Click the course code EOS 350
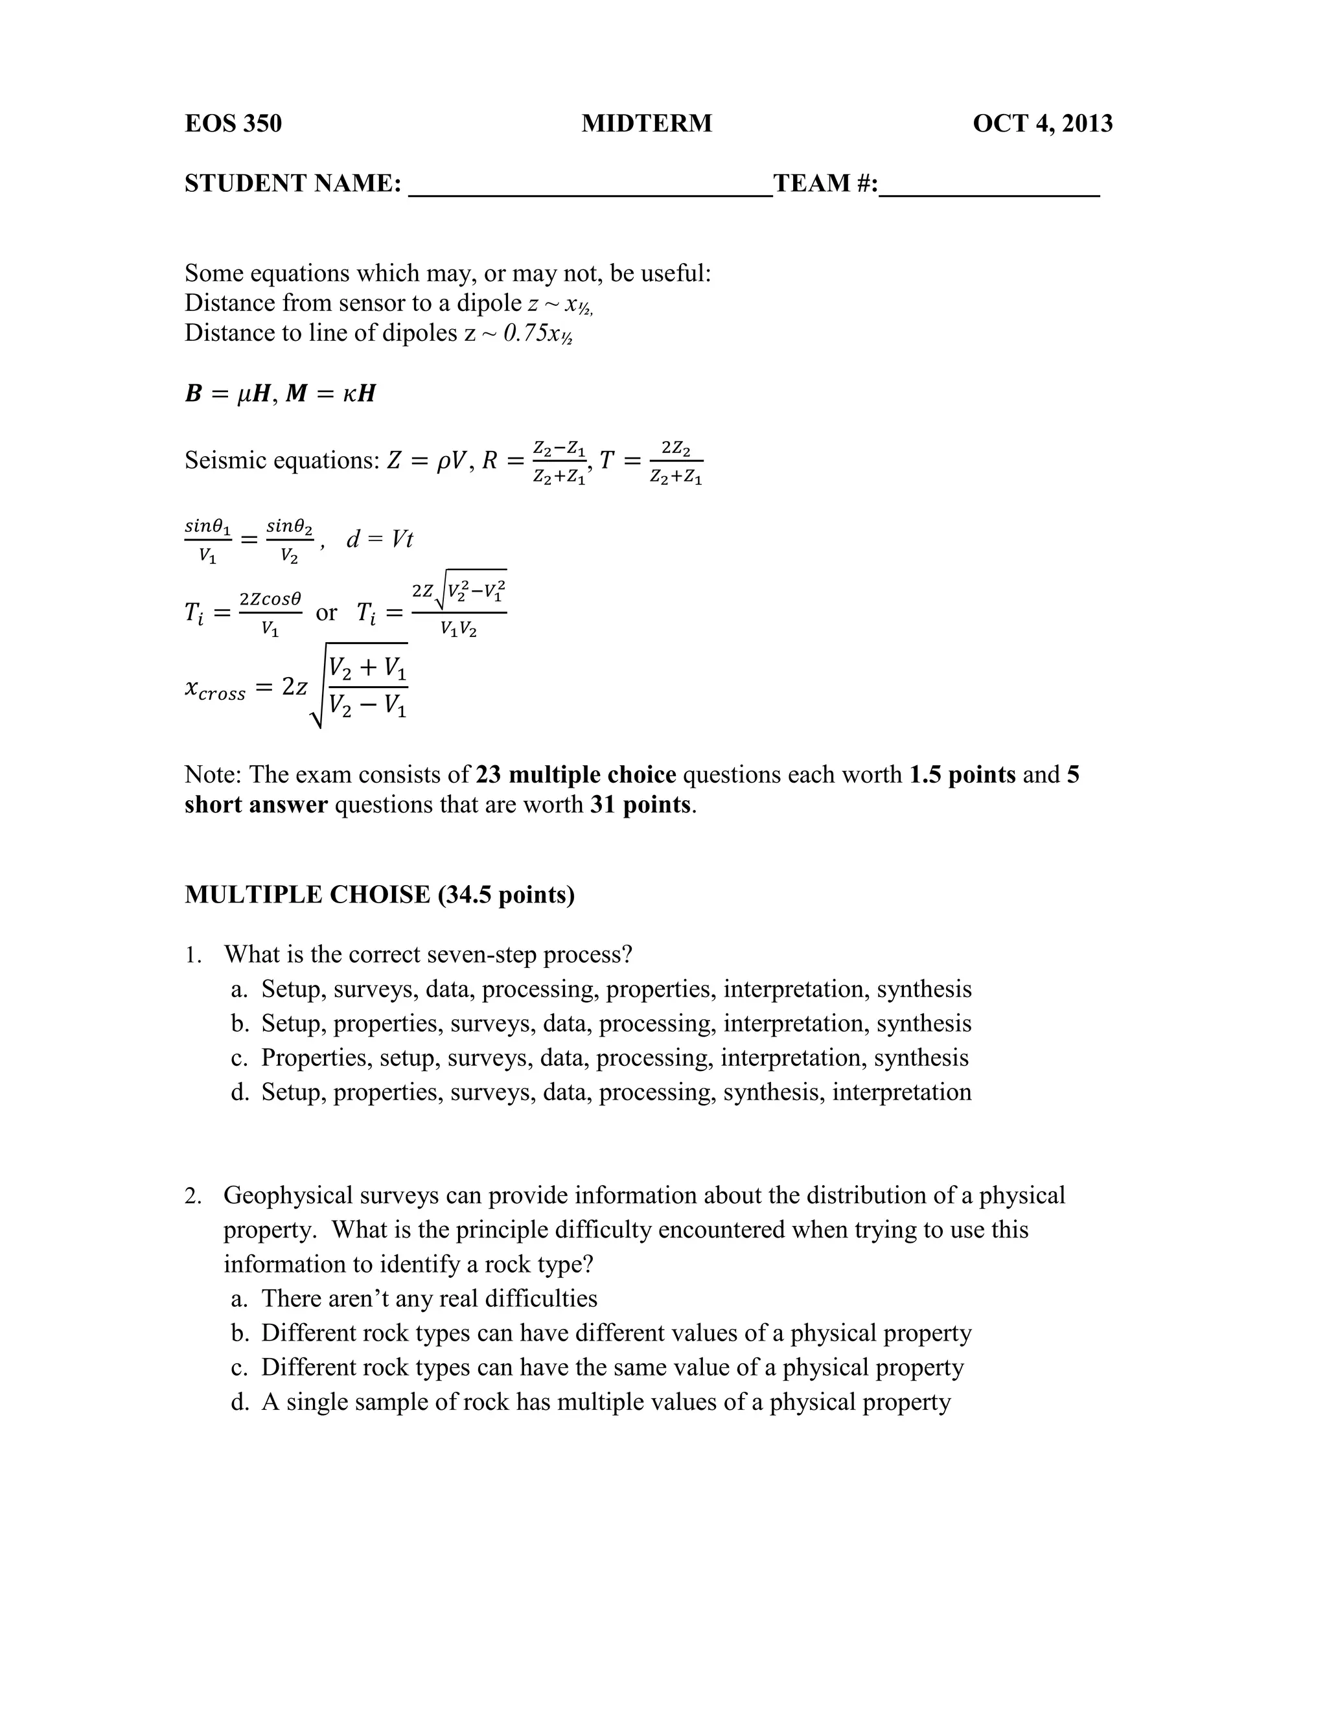tap(233, 123)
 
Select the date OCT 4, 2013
tap(1043, 123)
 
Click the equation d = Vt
tap(380, 539)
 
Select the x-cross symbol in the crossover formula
tap(214, 689)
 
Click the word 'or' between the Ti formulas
tap(327, 612)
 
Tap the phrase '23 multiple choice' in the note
tap(575, 774)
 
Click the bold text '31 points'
tap(640, 804)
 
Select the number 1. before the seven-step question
tap(193, 954)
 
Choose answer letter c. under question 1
tap(240, 1058)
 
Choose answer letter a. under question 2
tap(240, 1298)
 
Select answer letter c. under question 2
tap(240, 1368)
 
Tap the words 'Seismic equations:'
tap(283, 461)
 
